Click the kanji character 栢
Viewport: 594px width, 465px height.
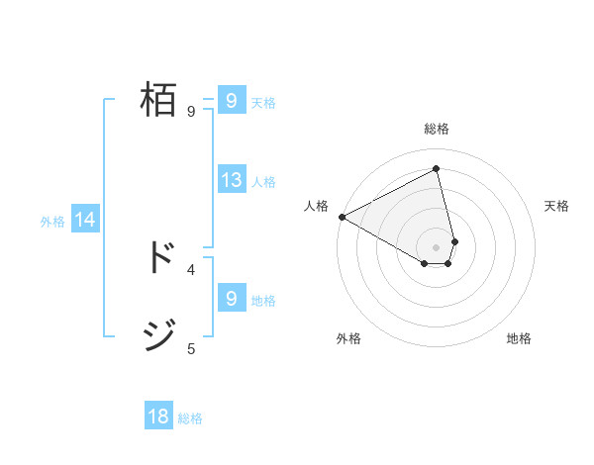pos(159,100)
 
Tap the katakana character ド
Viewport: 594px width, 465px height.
pos(159,256)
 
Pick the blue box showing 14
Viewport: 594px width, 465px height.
pos(85,220)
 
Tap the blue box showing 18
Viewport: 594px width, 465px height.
pos(158,417)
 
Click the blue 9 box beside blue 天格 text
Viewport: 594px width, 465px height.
pos(232,100)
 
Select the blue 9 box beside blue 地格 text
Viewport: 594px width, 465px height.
pos(232,298)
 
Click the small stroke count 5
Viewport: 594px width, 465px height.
pos(191,348)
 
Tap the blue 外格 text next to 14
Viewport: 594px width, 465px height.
pos(52,222)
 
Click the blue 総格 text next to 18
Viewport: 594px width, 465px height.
pos(191,418)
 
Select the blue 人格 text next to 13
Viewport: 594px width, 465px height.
pos(263,181)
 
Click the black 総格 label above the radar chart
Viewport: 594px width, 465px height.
pos(437,129)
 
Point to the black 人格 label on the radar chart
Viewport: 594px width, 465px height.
pos(317,206)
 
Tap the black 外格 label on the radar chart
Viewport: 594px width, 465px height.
pos(348,338)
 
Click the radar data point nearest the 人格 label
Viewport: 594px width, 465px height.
pos(342,216)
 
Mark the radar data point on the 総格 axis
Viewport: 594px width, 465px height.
pos(437,168)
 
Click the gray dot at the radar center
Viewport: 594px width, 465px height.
pos(437,246)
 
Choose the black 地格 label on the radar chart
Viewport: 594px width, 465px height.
pos(519,338)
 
